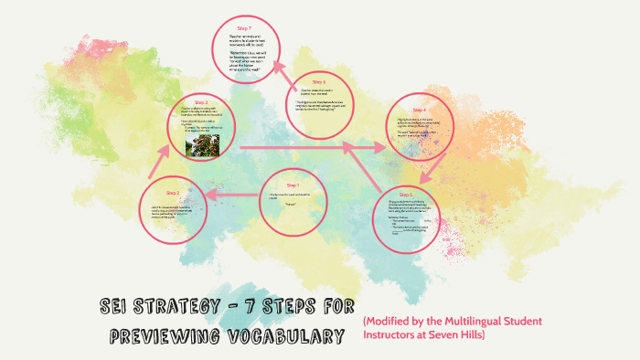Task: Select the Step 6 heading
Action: (x=318, y=81)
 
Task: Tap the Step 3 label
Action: (x=200, y=101)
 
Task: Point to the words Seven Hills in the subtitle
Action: (x=464, y=335)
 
